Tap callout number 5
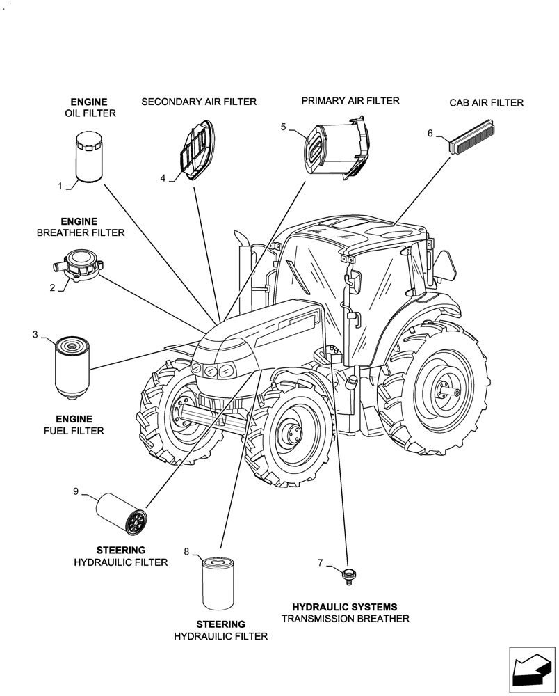(x=283, y=127)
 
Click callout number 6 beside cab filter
(x=430, y=133)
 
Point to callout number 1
(x=60, y=186)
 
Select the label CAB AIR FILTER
(x=486, y=103)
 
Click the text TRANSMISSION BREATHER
(x=345, y=619)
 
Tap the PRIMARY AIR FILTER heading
(x=350, y=101)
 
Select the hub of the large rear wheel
(x=443, y=388)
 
